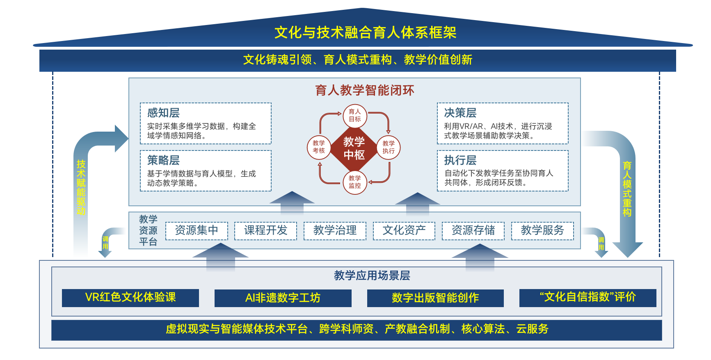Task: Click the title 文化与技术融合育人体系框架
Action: tap(365, 32)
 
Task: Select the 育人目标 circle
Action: tap(355, 115)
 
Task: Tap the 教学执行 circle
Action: tap(388, 147)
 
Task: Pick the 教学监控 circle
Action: tap(355, 182)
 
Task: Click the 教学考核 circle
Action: tap(319, 147)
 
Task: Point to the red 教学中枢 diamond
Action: tap(354, 148)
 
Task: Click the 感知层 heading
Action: tap(163, 113)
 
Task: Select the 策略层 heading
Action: tap(163, 160)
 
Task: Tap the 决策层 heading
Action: tap(460, 113)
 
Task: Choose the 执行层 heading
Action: tap(460, 160)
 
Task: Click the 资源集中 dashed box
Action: tap(197, 230)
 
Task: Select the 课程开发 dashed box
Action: tap(265, 230)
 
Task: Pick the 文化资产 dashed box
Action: tap(404, 230)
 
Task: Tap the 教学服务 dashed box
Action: tap(542, 230)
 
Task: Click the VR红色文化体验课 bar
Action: tap(130, 298)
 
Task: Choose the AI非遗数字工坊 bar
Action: tap(283, 298)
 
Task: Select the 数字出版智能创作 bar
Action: tap(435, 298)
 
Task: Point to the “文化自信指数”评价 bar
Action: tap(588, 298)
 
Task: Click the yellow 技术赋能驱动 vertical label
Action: tap(81, 187)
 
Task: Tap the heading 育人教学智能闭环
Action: tap(365, 90)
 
